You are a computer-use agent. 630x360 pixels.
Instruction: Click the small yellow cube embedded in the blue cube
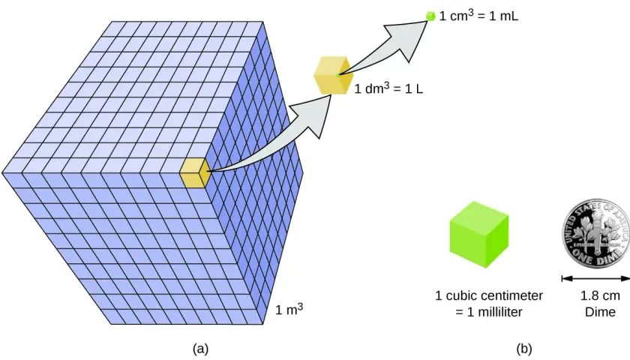195,172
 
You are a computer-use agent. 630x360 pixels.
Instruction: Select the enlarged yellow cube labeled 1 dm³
334,76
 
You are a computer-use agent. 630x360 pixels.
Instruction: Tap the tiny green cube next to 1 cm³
430,16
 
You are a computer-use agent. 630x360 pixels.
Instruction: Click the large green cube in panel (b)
479,235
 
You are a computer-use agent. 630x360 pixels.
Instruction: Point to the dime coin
595,232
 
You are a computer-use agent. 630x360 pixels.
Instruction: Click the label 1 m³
289,309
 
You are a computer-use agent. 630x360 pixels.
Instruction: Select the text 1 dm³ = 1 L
388,88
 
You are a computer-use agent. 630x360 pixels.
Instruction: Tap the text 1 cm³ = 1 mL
478,16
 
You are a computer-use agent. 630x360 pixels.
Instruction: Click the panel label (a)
201,348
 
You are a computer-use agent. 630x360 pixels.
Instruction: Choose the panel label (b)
524,348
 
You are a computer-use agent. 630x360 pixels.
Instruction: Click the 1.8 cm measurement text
600,295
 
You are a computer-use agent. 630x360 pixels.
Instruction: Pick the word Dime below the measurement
600,312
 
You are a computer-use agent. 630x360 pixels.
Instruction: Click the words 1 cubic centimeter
489,295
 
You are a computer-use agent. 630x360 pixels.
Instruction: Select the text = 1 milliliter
489,312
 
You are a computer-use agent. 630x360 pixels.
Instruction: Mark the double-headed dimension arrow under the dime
595,278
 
